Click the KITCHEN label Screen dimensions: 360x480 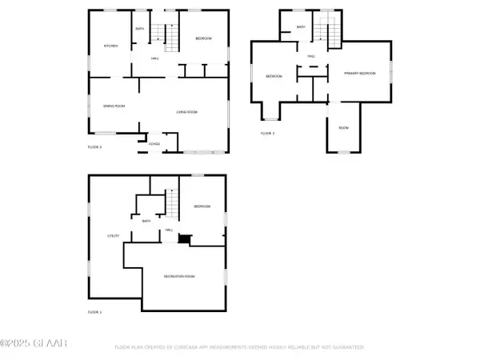coord(110,46)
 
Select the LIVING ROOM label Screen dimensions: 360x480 coord(187,112)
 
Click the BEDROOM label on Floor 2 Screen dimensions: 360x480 coord(203,38)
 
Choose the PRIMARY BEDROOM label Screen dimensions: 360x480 coord(359,73)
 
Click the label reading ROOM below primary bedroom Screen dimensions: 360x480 coord(343,128)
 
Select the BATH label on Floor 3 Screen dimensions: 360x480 coord(301,27)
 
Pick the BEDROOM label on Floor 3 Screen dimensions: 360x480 coord(274,76)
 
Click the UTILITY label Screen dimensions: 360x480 coord(113,236)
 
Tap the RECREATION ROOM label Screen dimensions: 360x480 coord(180,276)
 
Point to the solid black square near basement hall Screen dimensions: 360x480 coord(185,238)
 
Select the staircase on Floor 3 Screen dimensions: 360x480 coord(321,32)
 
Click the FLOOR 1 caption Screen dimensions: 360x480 coord(94,312)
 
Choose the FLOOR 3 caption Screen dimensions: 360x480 coord(267,133)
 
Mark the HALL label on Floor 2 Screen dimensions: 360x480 coord(155,58)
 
